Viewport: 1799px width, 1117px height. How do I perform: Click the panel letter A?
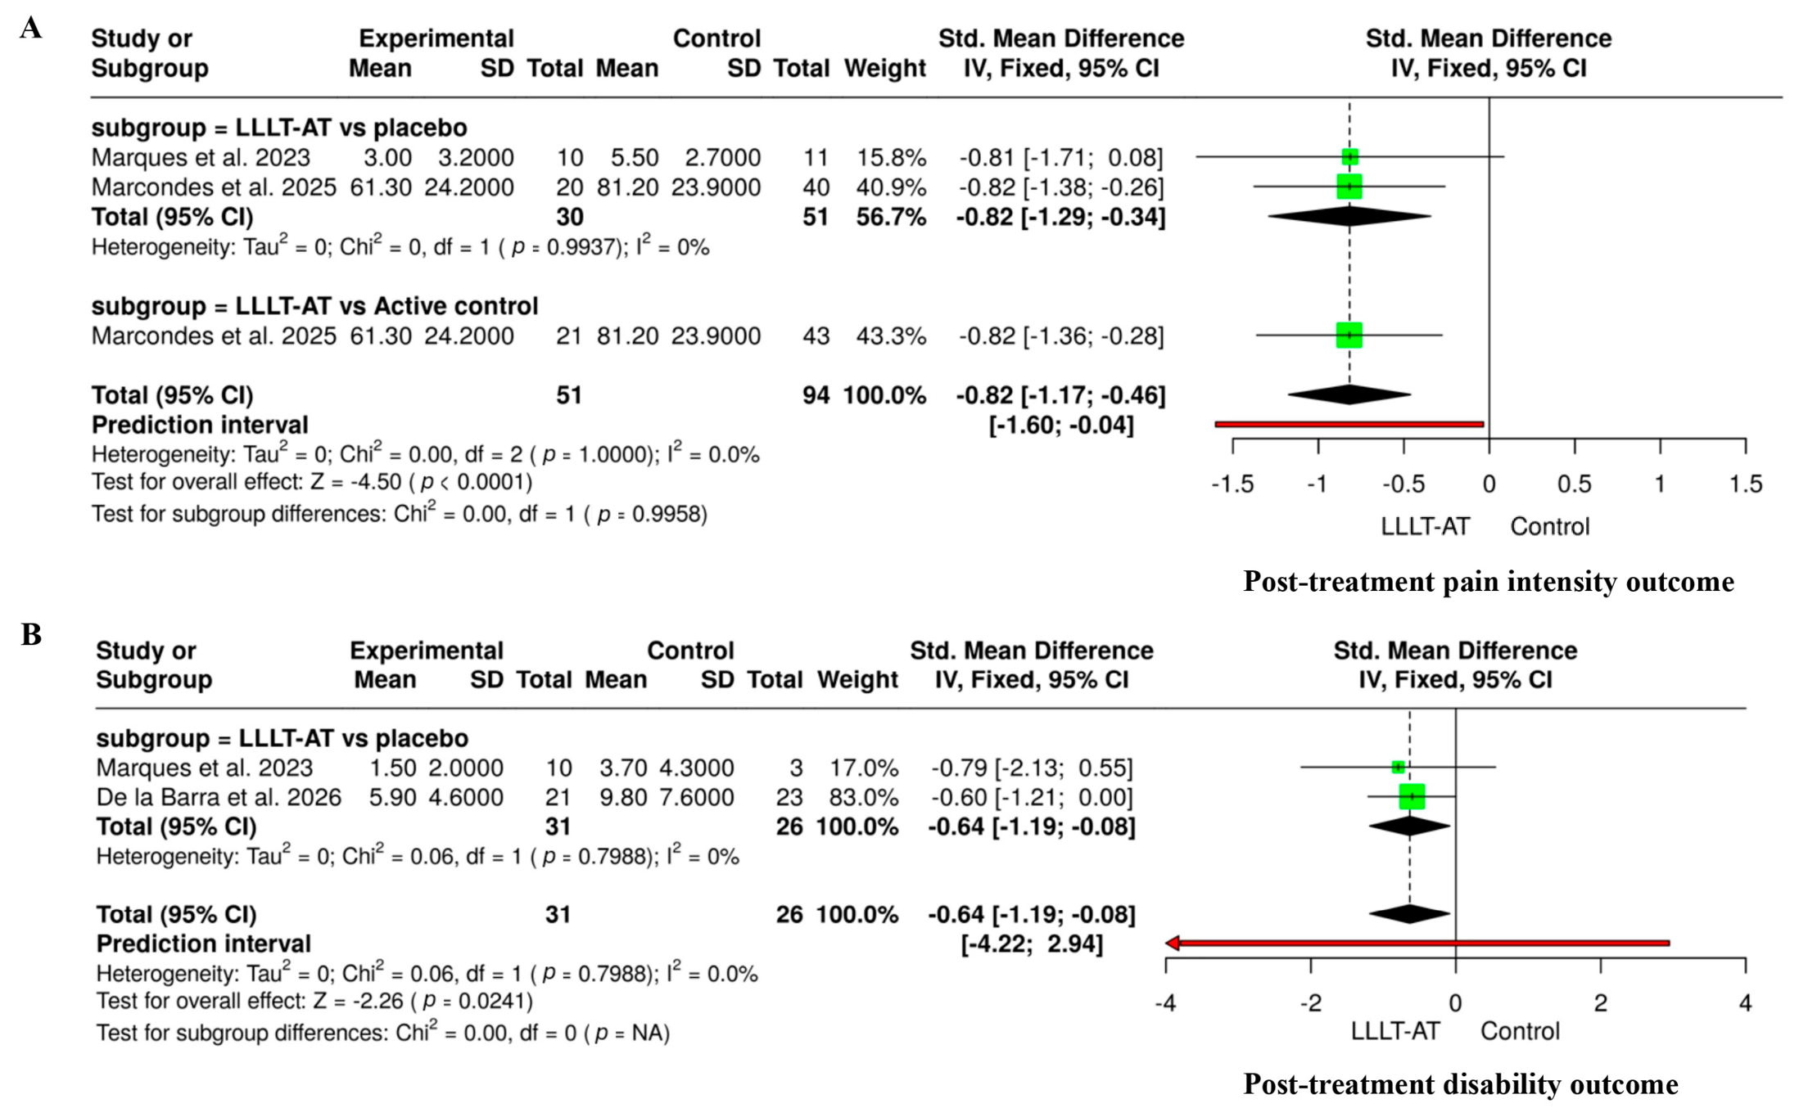(31, 28)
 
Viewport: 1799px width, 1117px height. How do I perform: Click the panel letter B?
(31, 634)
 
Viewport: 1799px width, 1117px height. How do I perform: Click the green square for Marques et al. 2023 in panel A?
(1349, 157)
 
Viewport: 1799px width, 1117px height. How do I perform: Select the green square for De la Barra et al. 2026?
(1412, 796)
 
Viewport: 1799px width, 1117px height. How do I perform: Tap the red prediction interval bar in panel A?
(1349, 424)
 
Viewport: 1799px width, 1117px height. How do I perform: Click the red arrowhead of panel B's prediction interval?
(1173, 943)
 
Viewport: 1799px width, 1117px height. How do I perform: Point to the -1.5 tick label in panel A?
(1232, 484)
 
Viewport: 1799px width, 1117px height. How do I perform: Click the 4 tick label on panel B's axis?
(1745, 1003)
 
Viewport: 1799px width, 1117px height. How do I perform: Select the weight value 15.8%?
(891, 157)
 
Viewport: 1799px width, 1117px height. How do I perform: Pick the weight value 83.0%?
(864, 797)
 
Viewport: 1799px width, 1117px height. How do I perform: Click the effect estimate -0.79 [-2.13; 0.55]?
(1032, 768)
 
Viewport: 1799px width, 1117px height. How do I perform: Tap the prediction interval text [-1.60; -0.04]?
(1061, 425)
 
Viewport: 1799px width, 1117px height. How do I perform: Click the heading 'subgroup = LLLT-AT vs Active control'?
(314, 306)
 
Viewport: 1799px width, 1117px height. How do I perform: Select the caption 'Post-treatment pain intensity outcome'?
(1488, 582)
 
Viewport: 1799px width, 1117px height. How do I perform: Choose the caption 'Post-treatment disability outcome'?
(1460, 1084)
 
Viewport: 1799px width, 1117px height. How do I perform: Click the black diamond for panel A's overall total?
(1349, 394)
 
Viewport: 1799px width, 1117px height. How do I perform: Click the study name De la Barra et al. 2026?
(219, 797)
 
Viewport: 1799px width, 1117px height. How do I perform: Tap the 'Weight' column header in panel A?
(884, 68)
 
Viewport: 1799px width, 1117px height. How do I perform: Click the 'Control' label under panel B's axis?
(1520, 1031)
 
